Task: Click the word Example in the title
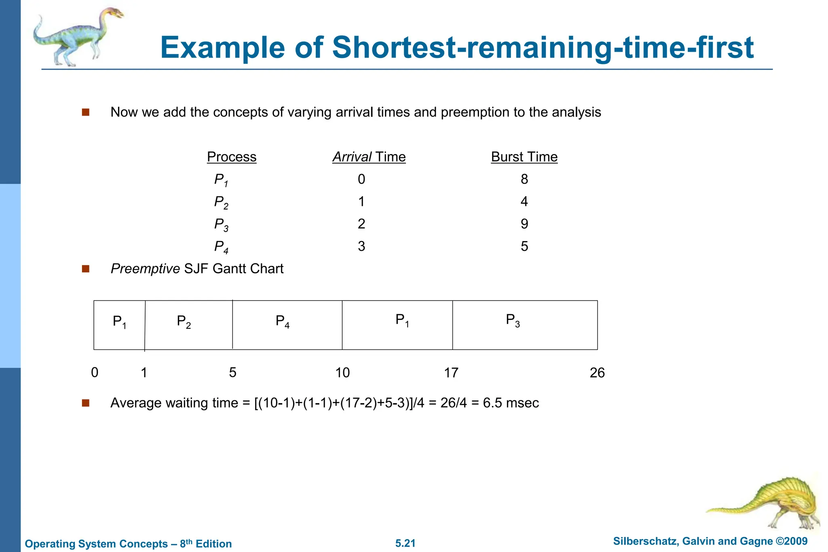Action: pos(223,48)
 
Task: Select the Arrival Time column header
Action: pos(369,157)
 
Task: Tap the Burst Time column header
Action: pos(524,157)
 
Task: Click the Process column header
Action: pos(232,157)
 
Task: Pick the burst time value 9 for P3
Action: pos(524,224)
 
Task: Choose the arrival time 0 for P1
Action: pos(361,179)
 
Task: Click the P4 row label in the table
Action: pos(221,247)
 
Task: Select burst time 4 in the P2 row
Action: pos(524,201)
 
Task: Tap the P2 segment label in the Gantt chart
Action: pos(184,322)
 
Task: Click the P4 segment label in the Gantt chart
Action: pos(283,322)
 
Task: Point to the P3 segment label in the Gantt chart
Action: pos(513,321)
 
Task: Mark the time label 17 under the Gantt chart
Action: pos(451,372)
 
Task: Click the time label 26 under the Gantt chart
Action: pos(597,372)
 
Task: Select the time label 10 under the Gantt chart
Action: pos(342,372)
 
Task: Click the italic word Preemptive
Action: pos(145,269)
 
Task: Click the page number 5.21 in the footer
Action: pos(406,543)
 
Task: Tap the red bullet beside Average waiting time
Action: pos(85,403)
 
